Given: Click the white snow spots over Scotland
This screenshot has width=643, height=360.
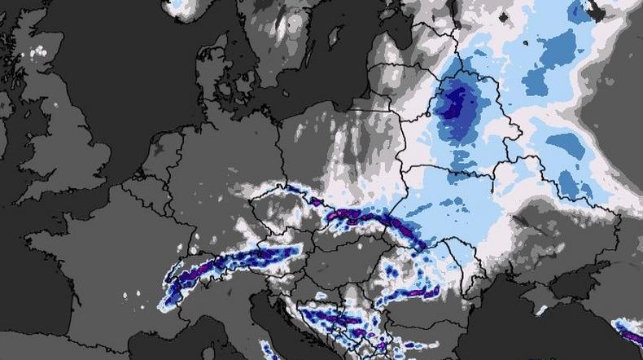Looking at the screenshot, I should (36, 53).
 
